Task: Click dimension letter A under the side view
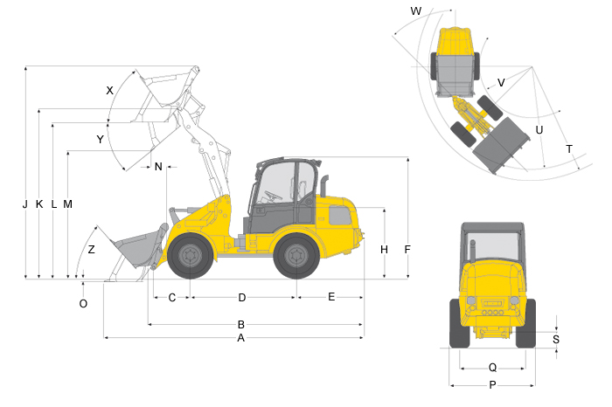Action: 240,338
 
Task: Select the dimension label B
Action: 240,324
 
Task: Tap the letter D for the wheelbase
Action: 242,298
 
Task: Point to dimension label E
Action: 331,297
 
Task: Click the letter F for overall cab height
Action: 407,250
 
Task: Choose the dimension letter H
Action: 384,250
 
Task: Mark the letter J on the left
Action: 25,203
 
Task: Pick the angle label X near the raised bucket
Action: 109,91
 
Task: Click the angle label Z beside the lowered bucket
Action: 91,250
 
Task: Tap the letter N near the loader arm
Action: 158,167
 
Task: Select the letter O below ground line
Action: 83,304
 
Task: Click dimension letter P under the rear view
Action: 492,385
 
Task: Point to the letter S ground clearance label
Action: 556,339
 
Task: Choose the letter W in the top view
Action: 416,10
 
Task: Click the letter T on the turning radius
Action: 569,149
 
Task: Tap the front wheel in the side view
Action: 191,256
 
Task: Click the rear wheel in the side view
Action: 296,256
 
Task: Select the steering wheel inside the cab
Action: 273,195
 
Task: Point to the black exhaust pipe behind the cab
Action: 324,186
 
